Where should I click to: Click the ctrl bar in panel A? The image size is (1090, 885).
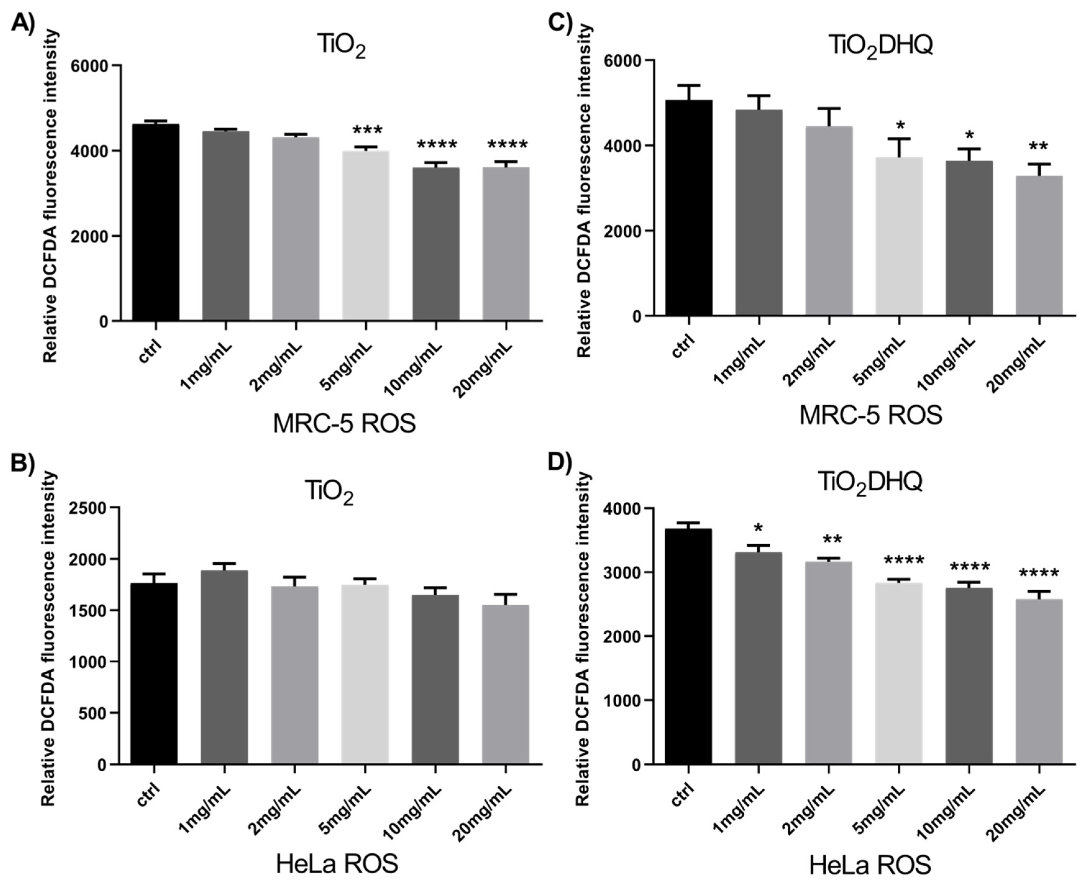click(156, 222)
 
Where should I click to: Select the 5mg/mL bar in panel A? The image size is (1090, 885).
click(366, 235)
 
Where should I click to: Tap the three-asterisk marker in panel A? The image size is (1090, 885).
click(367, 130)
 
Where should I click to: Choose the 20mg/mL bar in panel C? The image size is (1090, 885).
click(1039, 246)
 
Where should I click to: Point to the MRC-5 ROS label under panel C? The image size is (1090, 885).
click(870, 415)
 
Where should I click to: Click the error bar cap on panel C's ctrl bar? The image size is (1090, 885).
click(689, 85)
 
